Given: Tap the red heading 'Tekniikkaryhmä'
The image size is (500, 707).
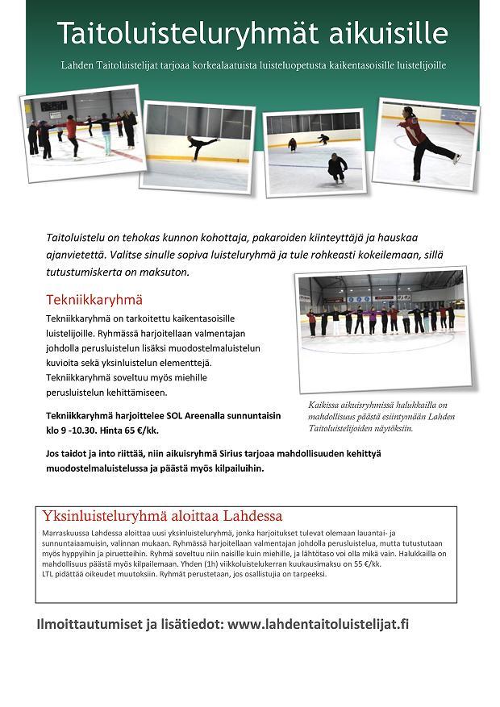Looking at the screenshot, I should pos(94,300).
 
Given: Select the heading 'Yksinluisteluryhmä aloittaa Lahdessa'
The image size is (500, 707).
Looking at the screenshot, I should pos(162,516).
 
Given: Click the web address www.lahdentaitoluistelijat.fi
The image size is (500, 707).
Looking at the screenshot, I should pos(319,623).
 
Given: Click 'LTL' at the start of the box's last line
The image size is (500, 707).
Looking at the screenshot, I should pos(48,574).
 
